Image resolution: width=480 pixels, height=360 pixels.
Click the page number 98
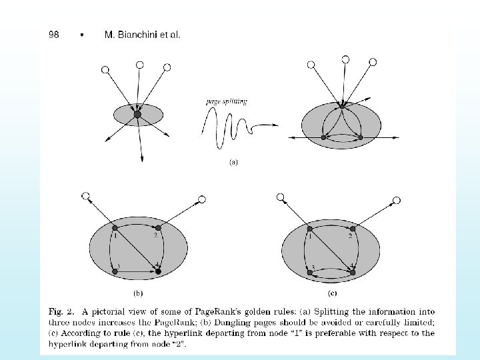point(53,35)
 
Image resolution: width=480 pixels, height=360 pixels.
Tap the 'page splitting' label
point(227,102)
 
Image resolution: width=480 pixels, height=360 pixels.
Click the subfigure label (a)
point(233,161)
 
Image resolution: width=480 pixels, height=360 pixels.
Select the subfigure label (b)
point(137,292)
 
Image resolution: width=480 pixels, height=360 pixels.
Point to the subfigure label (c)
point(332,292)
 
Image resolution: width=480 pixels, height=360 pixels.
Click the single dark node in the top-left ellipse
point(137,115)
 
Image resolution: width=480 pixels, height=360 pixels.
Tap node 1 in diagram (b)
point(115,228)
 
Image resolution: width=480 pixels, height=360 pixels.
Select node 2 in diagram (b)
point(158,228)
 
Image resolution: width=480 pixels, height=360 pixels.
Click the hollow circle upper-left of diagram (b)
point(86,196)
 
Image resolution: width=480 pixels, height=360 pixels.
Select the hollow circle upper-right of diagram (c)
point(397,199)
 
